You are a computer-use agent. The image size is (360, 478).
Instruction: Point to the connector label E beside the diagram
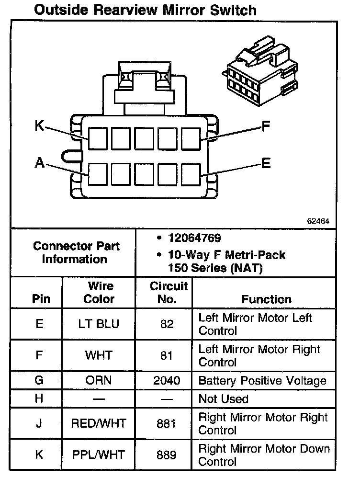(266, 163)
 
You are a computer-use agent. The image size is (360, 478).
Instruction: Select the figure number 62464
(318, 222)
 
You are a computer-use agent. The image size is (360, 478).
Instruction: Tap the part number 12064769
(194, 238)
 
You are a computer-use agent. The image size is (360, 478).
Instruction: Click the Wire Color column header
(99, 293)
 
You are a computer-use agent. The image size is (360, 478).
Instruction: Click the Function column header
(266, 299)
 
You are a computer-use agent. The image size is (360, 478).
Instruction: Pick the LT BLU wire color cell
(99, 324)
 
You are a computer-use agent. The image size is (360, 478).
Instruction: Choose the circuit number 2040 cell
(167, 380)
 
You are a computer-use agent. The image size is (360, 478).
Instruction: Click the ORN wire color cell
(99, 380)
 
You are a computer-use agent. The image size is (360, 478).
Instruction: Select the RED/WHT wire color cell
(99, 423)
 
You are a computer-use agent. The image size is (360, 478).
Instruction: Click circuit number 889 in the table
(167, 455)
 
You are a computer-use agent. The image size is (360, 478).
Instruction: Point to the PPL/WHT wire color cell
(99, 455)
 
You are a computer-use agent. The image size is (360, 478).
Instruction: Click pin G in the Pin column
(39, 380)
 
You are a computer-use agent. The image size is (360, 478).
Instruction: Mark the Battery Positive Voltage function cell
(262, 381)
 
